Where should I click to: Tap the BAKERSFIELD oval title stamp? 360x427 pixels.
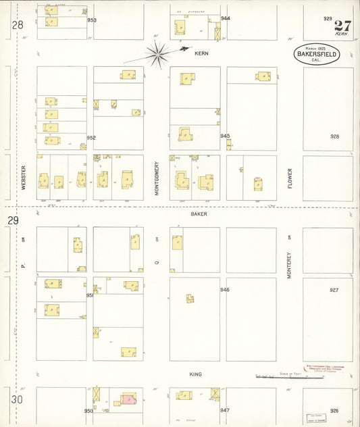[316, 55]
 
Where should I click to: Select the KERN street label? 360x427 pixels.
[201, 53]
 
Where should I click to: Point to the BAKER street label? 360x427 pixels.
[199, 214]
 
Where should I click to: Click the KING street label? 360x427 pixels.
[196, 374]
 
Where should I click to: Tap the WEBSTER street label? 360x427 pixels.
[23, 178]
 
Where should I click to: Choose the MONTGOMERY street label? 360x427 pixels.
[156, 178]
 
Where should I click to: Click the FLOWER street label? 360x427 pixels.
[290, 178]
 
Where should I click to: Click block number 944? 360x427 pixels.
[226, 18]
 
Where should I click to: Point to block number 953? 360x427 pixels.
[92, 20]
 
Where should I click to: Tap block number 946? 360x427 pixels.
[225, 290]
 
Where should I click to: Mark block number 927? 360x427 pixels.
[334, 290]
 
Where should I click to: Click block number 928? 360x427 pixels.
[334, 136]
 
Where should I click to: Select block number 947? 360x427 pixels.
[225, 410]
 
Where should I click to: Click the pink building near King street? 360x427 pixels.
[128, 400]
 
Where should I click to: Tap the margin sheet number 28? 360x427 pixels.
[17, 25]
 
